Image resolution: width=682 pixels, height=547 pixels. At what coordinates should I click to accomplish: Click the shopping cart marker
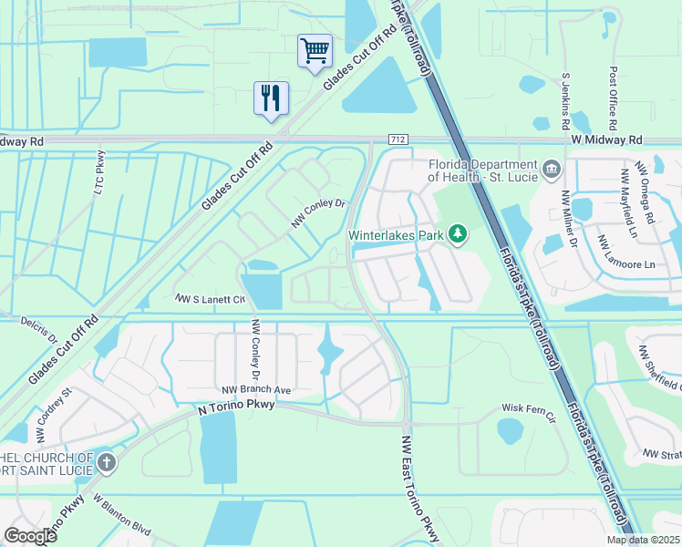pos(315,50)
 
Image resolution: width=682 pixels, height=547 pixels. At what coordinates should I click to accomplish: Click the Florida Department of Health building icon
pos(551,170)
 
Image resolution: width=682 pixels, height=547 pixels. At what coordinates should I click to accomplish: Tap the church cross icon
pos(107,462)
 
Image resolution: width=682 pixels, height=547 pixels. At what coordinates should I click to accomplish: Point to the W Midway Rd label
pos(607,139)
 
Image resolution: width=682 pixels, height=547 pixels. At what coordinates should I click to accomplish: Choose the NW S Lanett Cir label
pos(211,299)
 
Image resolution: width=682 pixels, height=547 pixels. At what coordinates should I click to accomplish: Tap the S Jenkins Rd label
pos(565,100)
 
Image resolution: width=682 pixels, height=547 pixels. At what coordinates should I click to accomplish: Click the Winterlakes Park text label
pos(397,235)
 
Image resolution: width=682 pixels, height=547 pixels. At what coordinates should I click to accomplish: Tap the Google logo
pos(29,536)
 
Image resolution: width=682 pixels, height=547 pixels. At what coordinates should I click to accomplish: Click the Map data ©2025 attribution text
pos(643,540)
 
